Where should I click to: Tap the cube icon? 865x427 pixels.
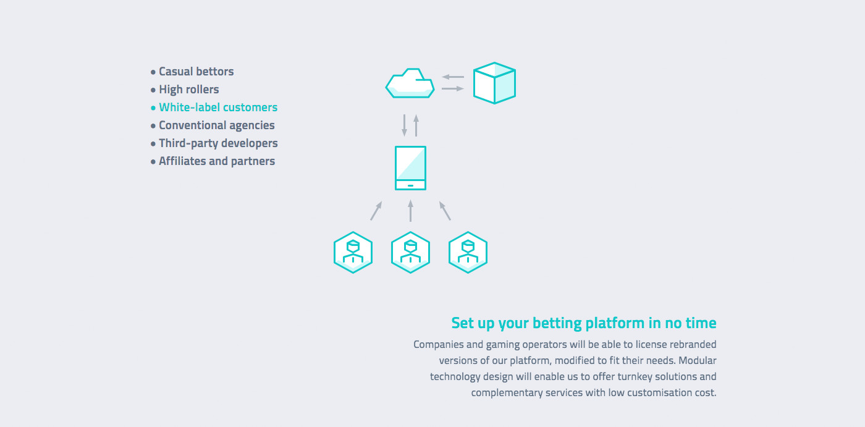pos(494,83)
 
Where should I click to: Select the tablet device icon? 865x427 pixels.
pos(410,168)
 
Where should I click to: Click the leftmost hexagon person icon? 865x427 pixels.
pos(353,253)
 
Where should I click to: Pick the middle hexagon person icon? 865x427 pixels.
pos(410,253)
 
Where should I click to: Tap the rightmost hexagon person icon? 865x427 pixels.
pos(468,253)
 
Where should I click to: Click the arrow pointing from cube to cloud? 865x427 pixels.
pos(452,77)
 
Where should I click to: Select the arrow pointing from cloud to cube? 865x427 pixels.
pos(452,89)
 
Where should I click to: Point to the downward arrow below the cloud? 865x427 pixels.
pos(404,125)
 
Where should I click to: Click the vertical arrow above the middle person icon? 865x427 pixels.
pos(410,211)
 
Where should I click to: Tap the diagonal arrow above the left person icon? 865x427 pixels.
pos(376,211)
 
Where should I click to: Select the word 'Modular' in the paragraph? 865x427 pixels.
pos(698,361)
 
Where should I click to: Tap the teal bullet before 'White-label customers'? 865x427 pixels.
pos(153,108)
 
